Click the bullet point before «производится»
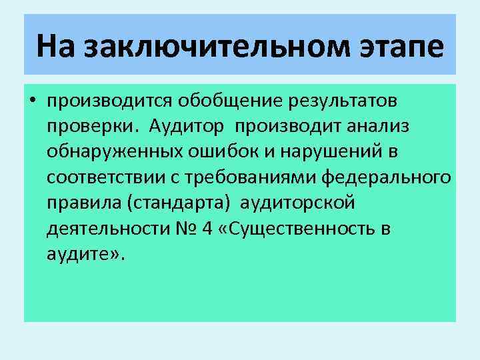click(32, 101)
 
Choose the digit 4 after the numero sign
click(207, 229)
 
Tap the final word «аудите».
click(82, 254)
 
